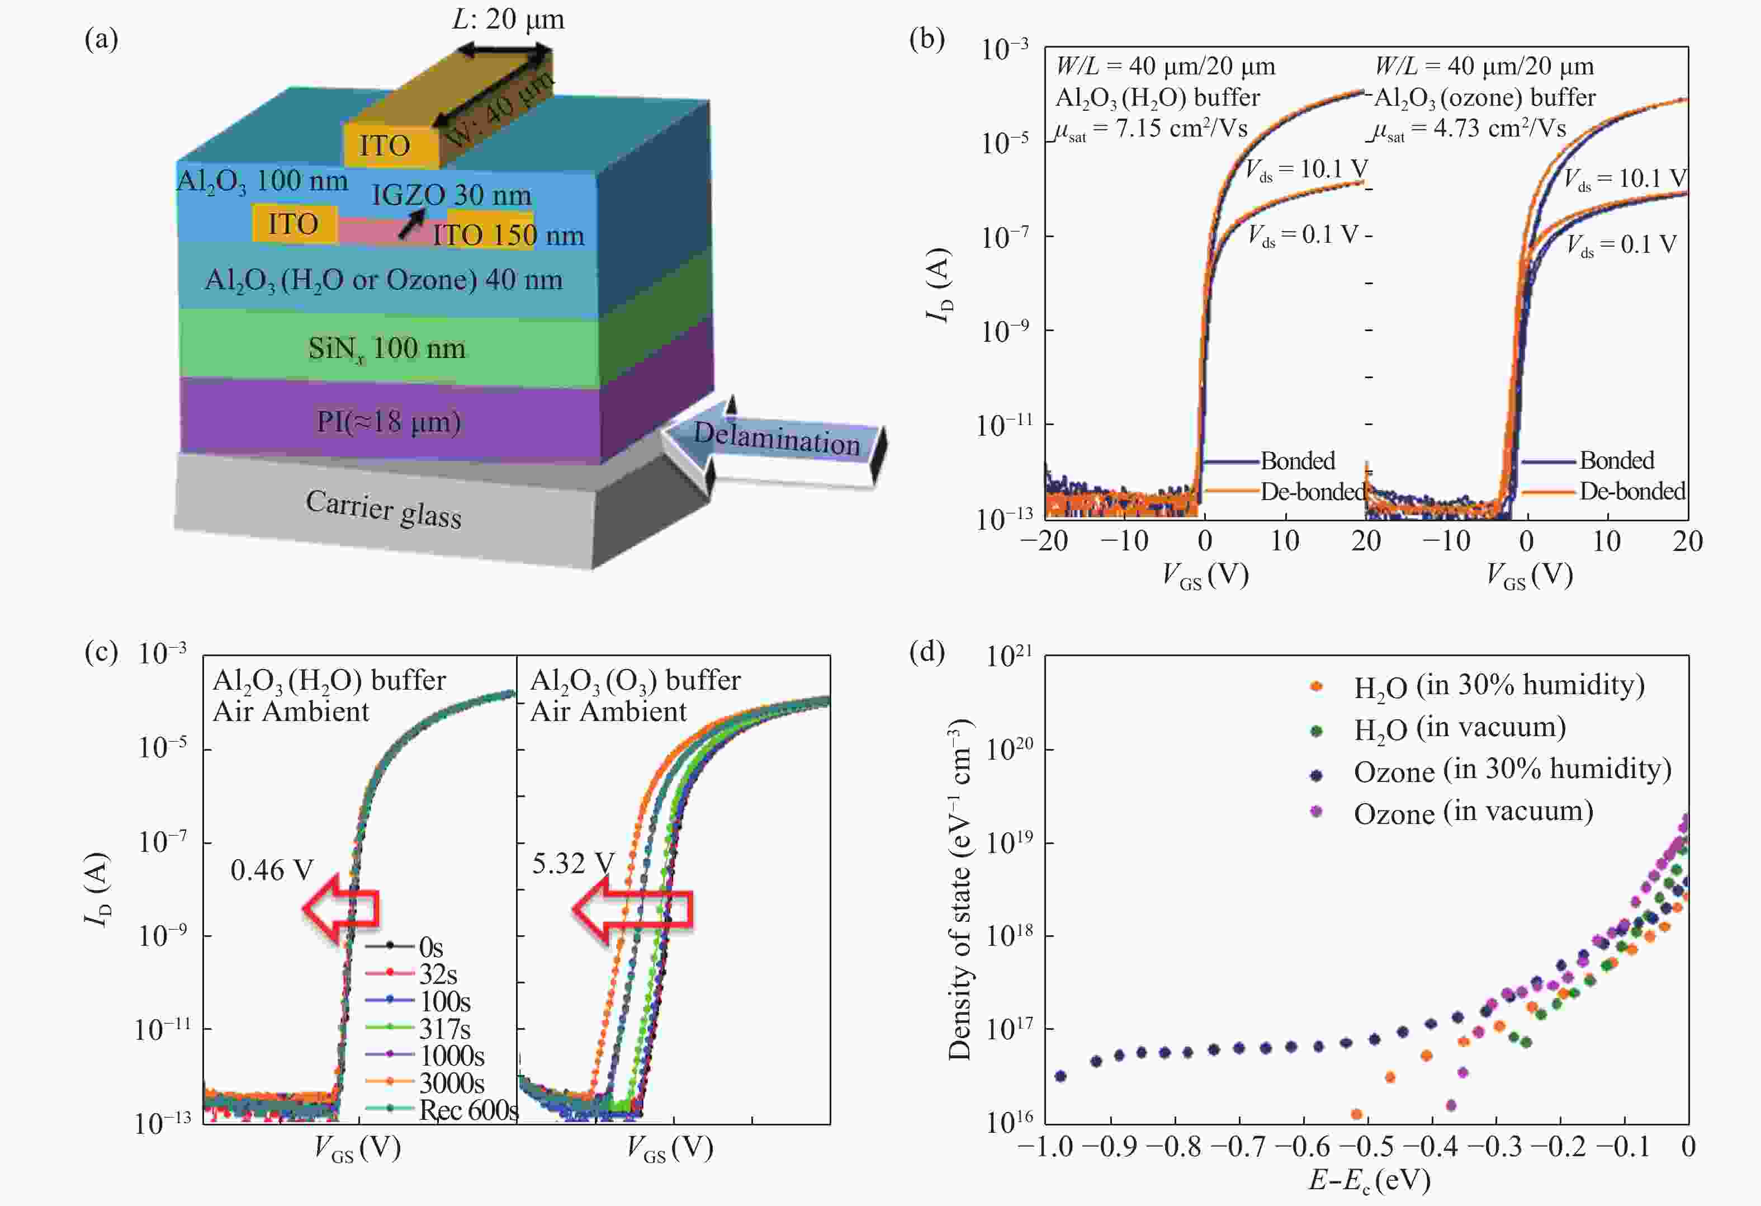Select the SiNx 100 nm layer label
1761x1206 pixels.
pos(386,348)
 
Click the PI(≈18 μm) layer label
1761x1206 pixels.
pos(388,421)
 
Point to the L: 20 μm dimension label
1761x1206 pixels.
pos(508,18)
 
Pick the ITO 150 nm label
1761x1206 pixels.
pos(508,235)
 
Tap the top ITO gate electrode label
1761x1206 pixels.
pos(384,145)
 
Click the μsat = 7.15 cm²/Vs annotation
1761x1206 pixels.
pos(1151,129)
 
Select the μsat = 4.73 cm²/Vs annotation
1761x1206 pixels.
pos(1470,129)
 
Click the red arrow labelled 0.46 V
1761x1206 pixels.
pos(341,907)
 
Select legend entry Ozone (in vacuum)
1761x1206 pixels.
pos(1473,812)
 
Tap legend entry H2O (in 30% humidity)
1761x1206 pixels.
pos(1499,685)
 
